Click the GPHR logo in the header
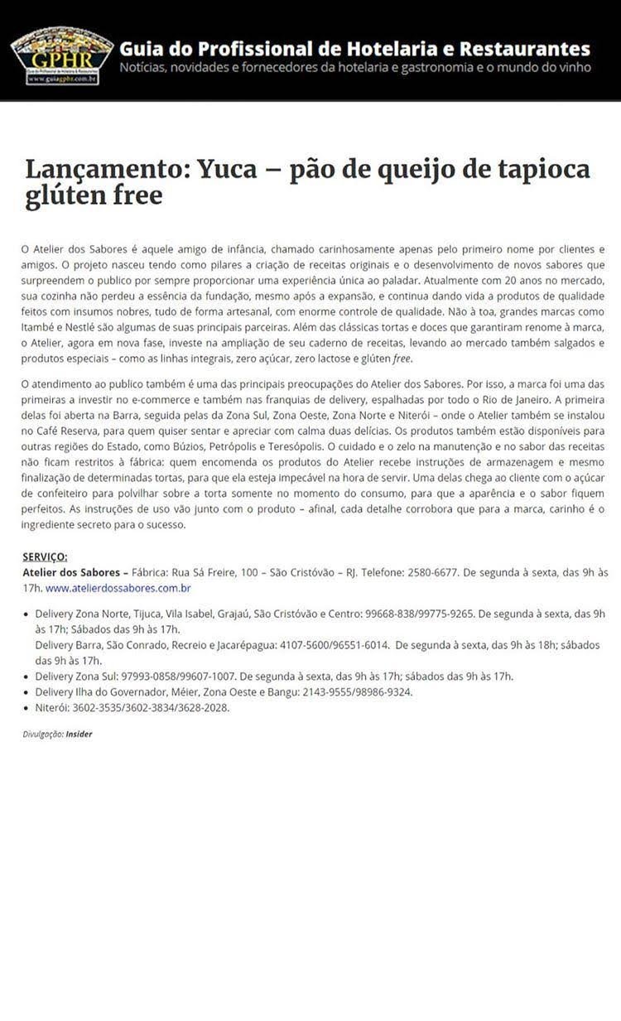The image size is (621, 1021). pos(62,55)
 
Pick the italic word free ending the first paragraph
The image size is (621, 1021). pos(401,359)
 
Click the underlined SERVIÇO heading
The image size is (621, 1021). pos(45,556)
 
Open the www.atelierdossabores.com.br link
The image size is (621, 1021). pos(118,588)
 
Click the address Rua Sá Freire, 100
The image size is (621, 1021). pos(217,572)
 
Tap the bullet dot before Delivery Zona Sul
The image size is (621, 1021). pos(26,677)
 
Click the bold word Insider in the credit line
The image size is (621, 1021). pos(79,734)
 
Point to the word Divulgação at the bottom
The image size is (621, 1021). pos(42,734)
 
